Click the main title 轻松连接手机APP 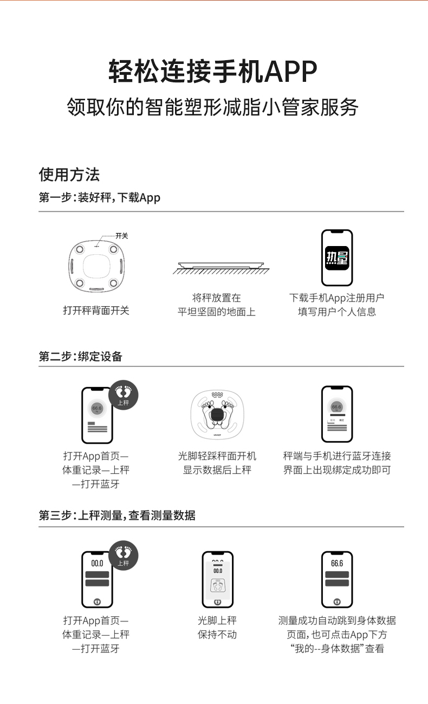213,71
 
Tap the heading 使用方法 69,175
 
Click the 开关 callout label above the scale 121,236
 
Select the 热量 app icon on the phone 337,258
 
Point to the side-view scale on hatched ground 221,268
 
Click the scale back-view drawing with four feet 96,266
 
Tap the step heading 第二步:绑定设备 80,357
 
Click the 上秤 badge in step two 124,395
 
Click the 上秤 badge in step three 124,556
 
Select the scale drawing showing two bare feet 217,415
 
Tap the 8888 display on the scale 217,395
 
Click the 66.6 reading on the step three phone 337,563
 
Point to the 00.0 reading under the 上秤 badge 97,563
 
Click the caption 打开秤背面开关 96,311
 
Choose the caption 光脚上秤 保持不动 217,628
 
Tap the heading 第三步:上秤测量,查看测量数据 117,515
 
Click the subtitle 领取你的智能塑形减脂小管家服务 212,107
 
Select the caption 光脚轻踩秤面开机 217,456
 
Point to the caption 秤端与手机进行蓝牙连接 337,456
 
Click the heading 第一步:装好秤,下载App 99,198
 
